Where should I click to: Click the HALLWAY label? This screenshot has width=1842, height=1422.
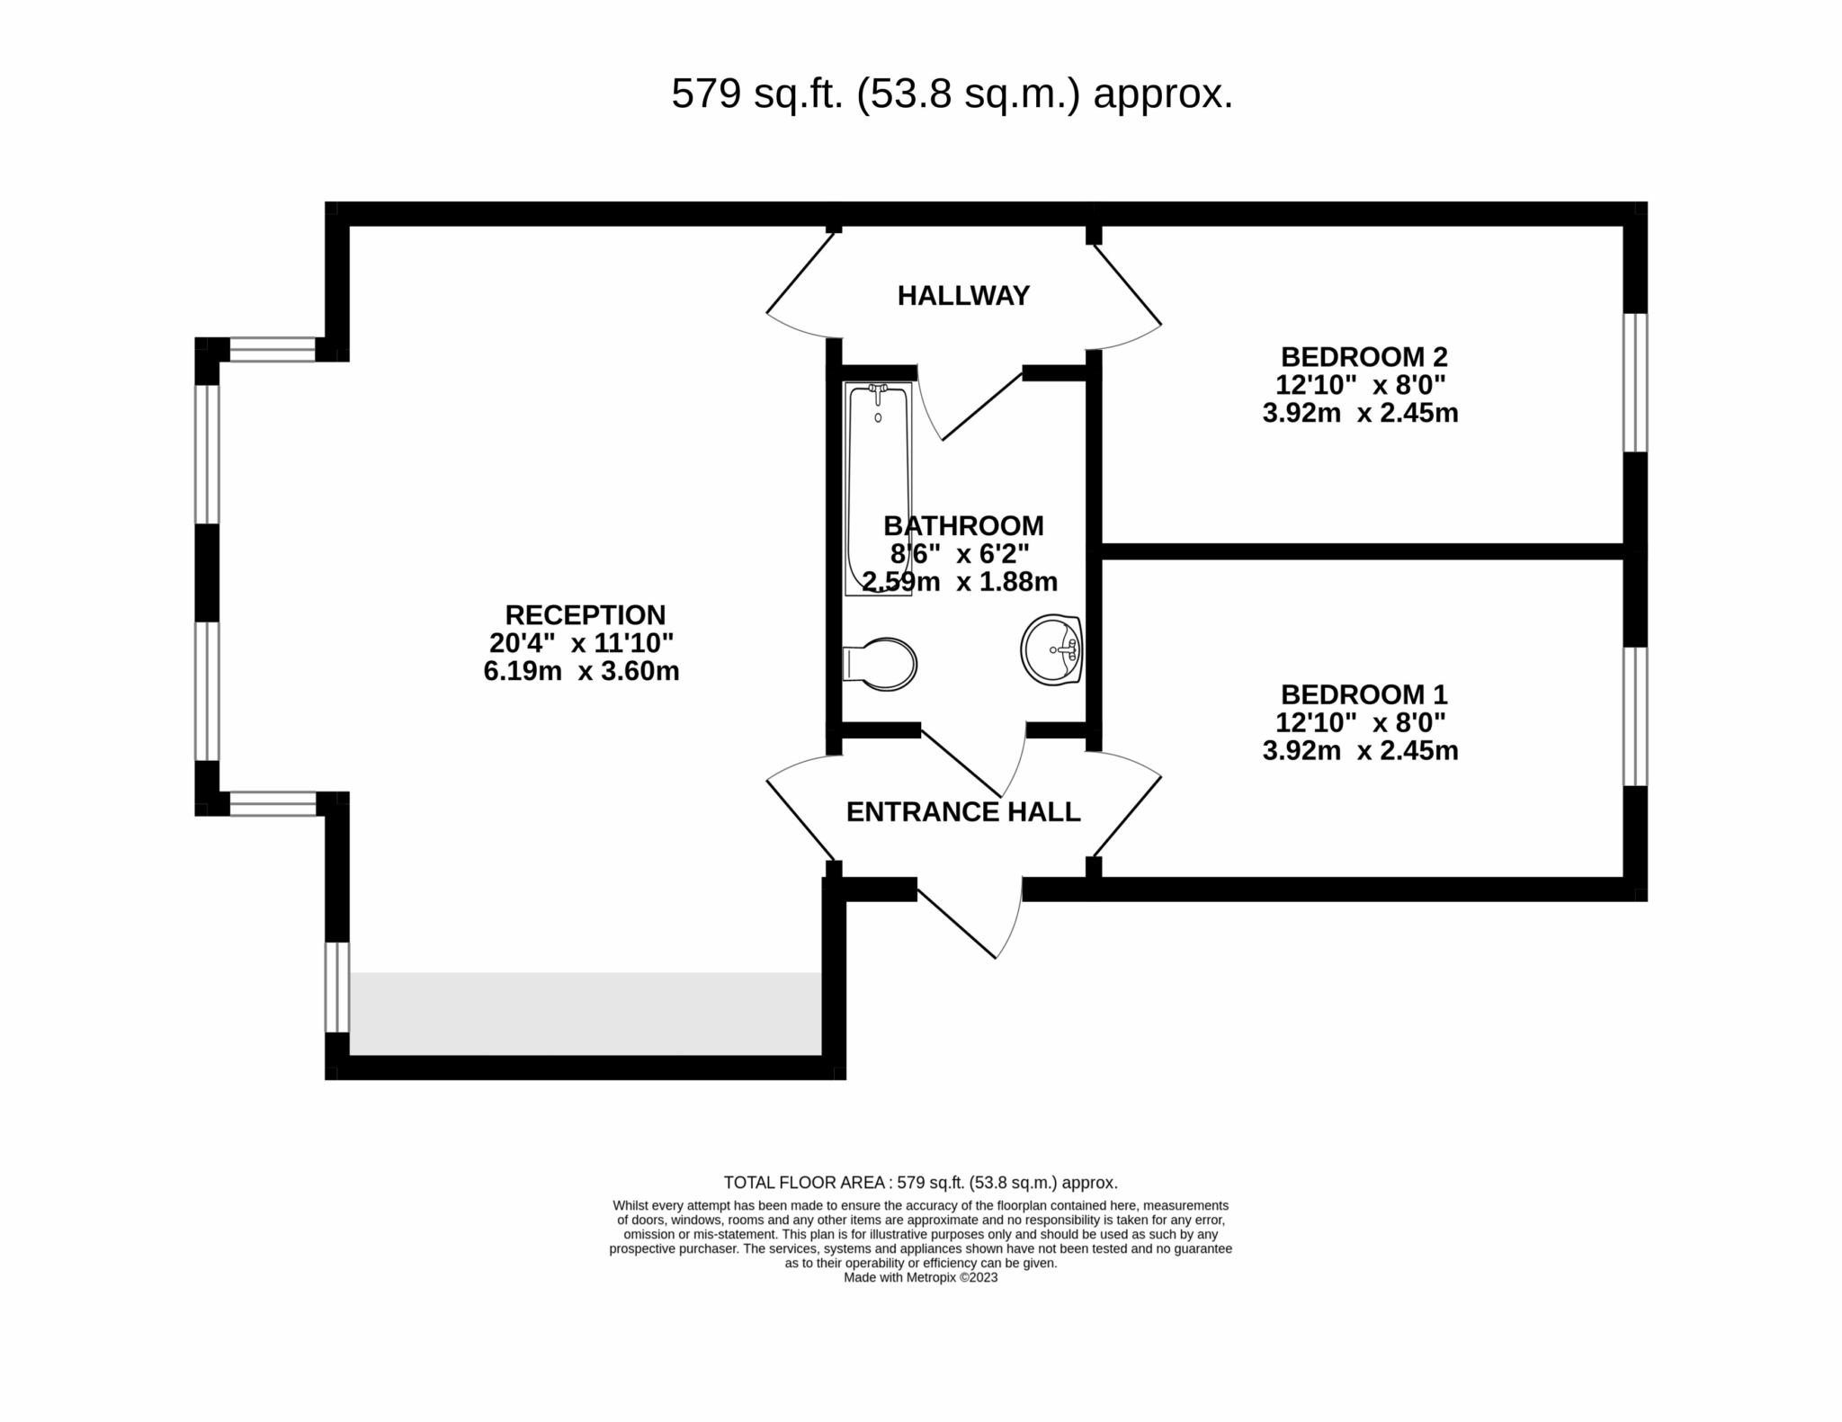coord(962,296)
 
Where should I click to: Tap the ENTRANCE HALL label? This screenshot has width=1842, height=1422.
coord(962,812)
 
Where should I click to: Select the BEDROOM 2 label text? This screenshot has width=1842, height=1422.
coord(1364,357)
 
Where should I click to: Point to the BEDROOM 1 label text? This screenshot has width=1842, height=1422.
coord(1364,694)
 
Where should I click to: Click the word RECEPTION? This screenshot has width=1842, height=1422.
coord(585,615)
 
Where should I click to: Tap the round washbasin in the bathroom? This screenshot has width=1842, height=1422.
coord(1051,650)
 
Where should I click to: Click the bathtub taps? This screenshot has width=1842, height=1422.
coord(878,390)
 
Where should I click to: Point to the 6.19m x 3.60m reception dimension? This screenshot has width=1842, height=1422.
coord(581,671)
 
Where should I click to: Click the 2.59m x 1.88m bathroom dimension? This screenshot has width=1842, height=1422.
coord(960,582)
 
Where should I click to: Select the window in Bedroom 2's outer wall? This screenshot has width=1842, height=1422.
coord(1634,382)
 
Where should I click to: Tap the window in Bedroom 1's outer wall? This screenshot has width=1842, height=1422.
coord(1634,716)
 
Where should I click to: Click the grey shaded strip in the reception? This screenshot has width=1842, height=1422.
coord(585,1013)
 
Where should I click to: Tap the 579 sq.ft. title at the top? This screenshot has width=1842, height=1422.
coord(952,94)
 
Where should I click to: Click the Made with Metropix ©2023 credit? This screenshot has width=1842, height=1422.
coord(920,1277)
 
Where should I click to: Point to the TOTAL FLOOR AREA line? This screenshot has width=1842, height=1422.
coord(920,1183)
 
